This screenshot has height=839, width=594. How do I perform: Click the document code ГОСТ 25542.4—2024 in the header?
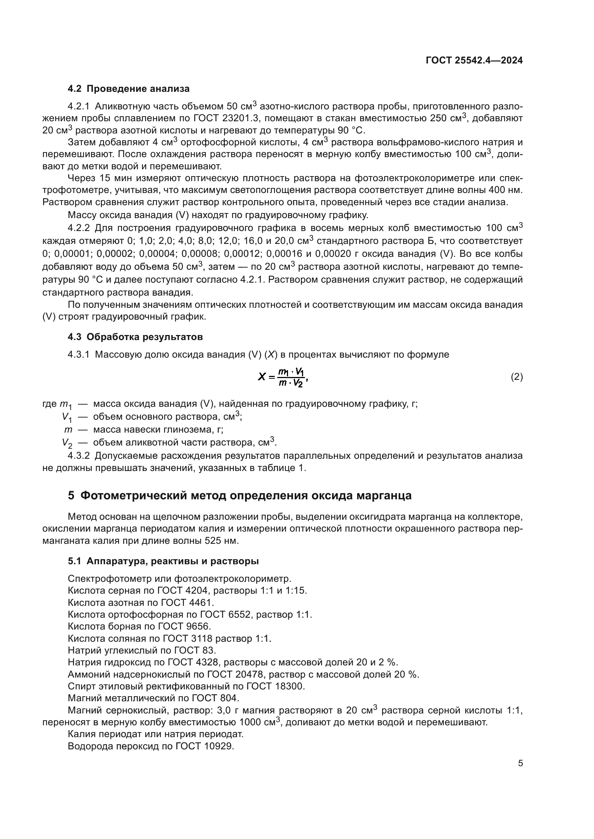point(474,61)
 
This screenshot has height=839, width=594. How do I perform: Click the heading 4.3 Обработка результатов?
point(135,337)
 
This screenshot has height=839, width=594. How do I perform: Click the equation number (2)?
point(516,377)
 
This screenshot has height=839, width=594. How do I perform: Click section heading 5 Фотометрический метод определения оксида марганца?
point(240,495)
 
